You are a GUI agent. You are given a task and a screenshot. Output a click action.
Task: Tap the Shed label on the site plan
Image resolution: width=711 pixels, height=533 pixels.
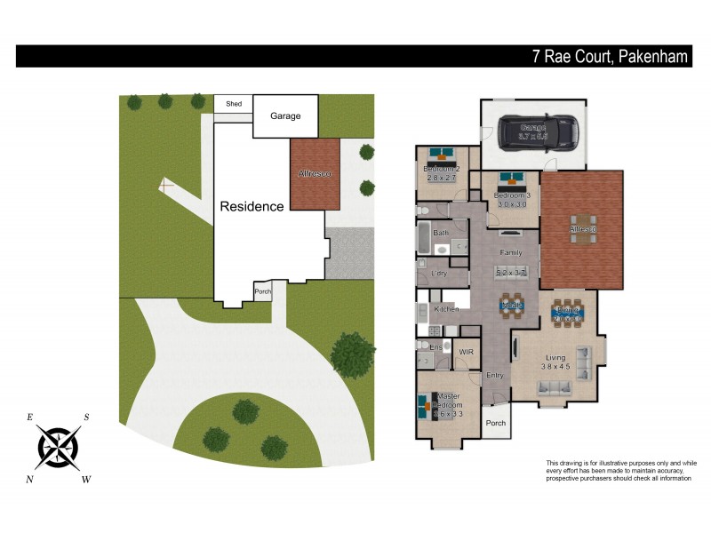click(234, 104)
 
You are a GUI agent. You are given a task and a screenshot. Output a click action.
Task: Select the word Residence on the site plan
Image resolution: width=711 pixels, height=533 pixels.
click(252, 206)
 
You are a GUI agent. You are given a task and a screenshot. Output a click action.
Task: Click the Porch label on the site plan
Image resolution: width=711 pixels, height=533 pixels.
click(262, 291)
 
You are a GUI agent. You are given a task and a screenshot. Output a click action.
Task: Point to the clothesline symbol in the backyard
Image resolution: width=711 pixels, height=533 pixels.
click(164, 186)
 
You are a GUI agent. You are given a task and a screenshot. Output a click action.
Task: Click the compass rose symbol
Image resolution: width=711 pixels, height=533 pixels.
click(59, 445)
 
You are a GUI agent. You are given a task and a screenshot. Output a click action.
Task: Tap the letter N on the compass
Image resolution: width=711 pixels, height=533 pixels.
click(30, 480)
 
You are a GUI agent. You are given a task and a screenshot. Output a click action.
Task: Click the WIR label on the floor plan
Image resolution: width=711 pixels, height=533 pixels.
click(466, 352)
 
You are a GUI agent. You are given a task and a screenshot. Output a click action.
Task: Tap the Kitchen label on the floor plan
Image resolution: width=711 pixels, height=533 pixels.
click(446, 308)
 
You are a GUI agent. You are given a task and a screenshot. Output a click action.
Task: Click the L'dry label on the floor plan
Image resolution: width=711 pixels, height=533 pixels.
click(438, 274)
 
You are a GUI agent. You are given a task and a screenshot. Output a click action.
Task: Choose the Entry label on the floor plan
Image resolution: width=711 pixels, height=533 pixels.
click(495, 375)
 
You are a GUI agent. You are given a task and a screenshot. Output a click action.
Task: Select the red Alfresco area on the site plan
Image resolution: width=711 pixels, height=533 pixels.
click(316, 174)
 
